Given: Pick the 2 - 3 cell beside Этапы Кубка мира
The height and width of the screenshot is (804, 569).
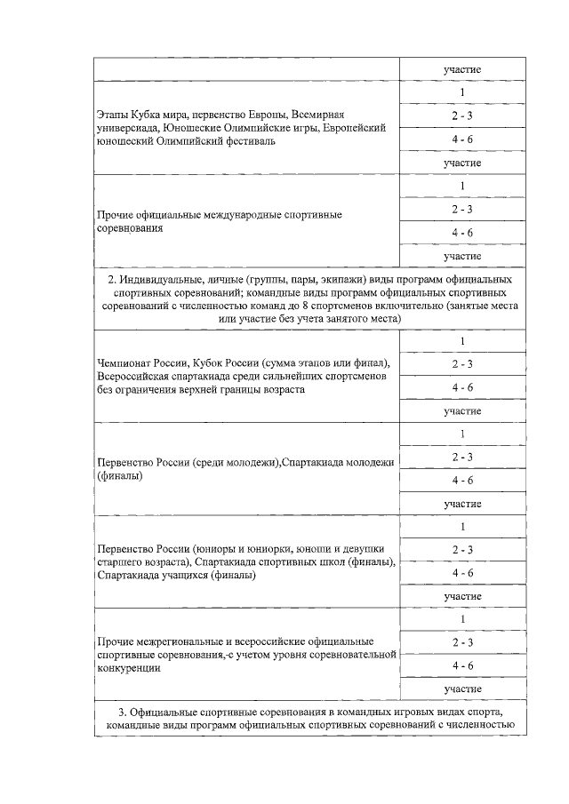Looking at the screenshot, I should (461, 116).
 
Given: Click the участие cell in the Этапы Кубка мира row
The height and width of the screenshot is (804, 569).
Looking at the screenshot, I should (461, 163).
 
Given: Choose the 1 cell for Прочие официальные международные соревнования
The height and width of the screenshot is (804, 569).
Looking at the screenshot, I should (461, 187).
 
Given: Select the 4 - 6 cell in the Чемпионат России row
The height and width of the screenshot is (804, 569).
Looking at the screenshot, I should (461, 388).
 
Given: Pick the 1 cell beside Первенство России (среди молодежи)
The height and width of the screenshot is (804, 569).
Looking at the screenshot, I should (461, 434).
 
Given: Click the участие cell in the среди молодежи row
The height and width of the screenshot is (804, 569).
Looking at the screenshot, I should (461, 504).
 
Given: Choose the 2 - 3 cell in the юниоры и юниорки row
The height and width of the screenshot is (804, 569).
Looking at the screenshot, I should (461, 550).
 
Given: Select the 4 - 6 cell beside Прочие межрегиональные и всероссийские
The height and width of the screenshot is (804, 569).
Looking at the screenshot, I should (461, 665).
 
